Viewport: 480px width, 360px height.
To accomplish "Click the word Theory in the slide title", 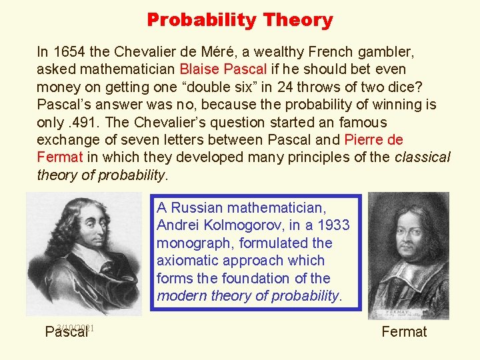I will (297, 20).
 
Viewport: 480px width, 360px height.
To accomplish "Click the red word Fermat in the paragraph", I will (60, 158).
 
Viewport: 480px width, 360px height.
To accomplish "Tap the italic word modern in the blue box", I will (180, 296).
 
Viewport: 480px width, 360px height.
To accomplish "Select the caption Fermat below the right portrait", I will (404, 331).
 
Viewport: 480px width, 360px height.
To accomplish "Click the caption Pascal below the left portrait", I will (66, 332).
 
